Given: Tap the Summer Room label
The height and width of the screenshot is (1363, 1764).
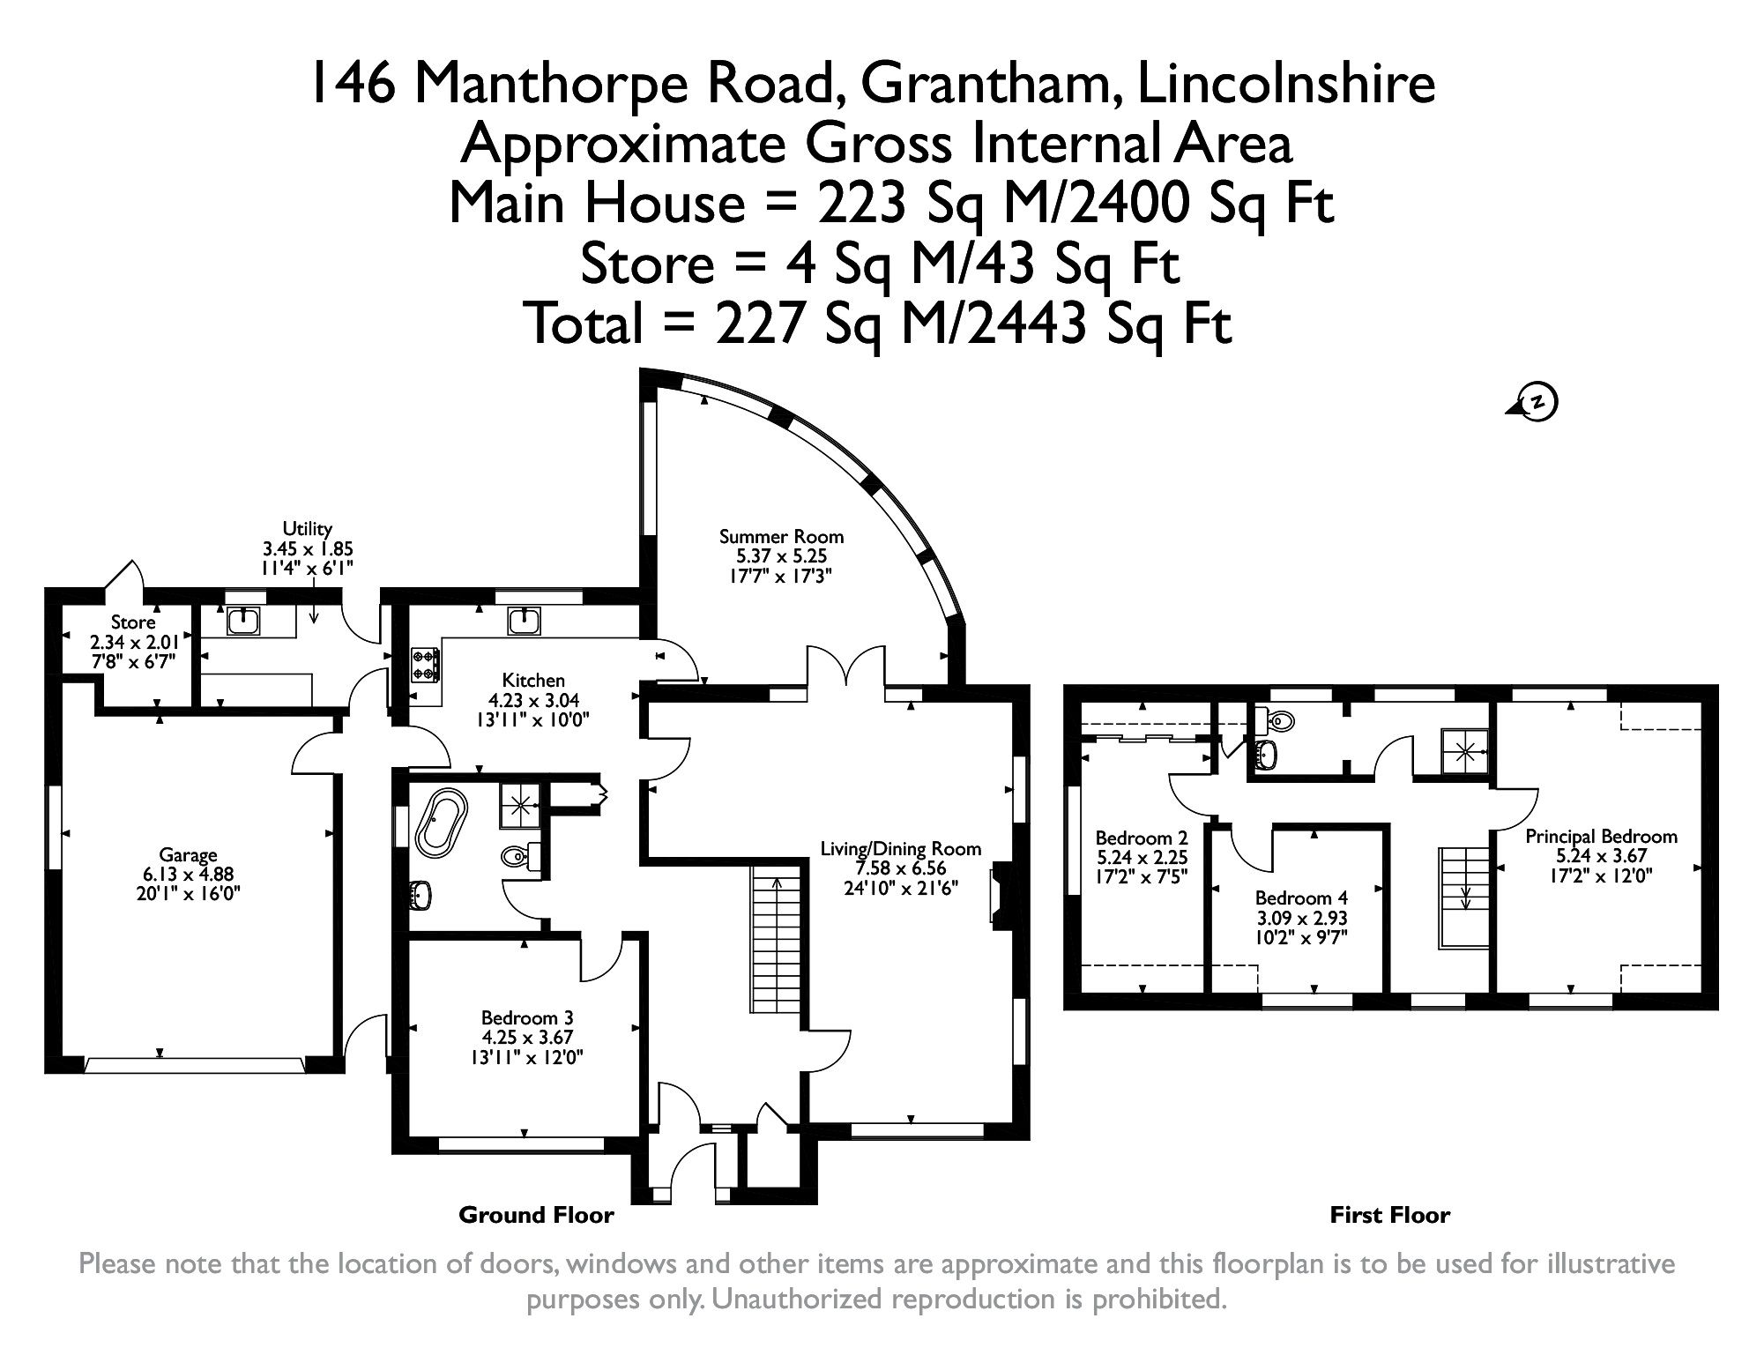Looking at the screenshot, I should pyautogui.click(x=781, y=536).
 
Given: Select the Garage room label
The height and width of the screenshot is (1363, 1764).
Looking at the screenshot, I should pyautogui.click(x=188, y=854).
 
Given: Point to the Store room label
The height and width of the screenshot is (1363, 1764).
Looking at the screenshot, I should pyautogui.click(x=133, y=622).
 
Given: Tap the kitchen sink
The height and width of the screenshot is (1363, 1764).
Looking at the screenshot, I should pyautogui.click(x=524, y=621).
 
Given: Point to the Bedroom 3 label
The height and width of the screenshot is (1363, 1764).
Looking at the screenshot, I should pyautogui.click(x=526, y=1017).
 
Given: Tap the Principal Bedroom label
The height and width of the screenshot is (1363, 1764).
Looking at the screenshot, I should pyautogui.click(x=1601, y=836).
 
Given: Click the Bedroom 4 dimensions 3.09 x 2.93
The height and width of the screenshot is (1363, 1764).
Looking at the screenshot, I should pyautogui.click(x=1301, y=917).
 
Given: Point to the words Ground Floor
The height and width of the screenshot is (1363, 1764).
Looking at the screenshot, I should pyautogui.click(x=536, y=1216).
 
